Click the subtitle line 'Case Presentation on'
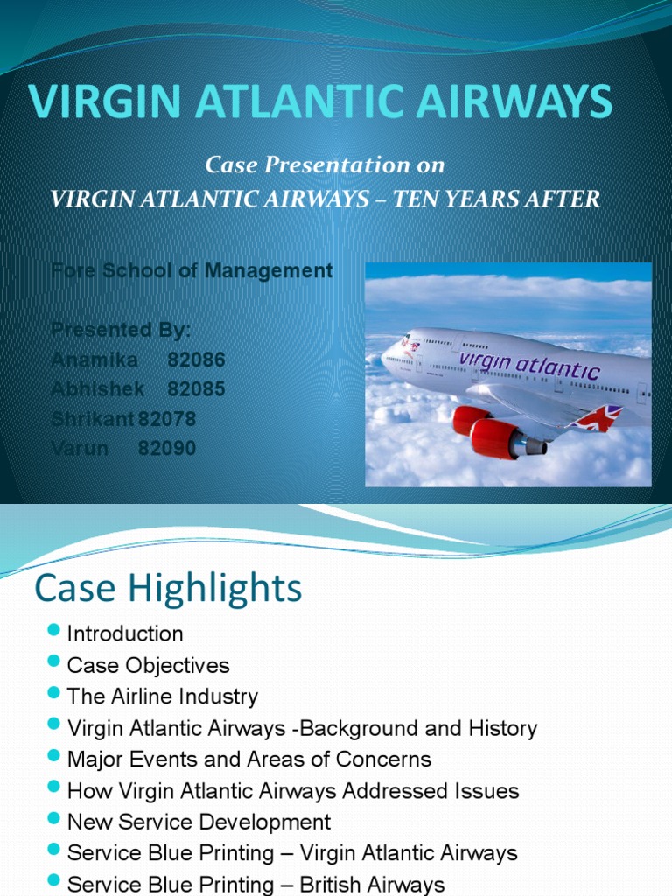pos(325,164)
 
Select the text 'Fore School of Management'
pos(192,270)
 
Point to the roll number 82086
pos(196,360)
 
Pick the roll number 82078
pos(167,419)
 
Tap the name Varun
pos(80,449)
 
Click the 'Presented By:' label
pos(121,330)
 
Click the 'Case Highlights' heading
pos(168,588)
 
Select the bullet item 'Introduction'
pos(125,633)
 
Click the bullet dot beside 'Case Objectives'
pos(55,664)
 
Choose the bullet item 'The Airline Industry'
pos(163,696)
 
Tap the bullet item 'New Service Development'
pos(199,822)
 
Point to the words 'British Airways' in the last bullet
pos(372,885)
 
